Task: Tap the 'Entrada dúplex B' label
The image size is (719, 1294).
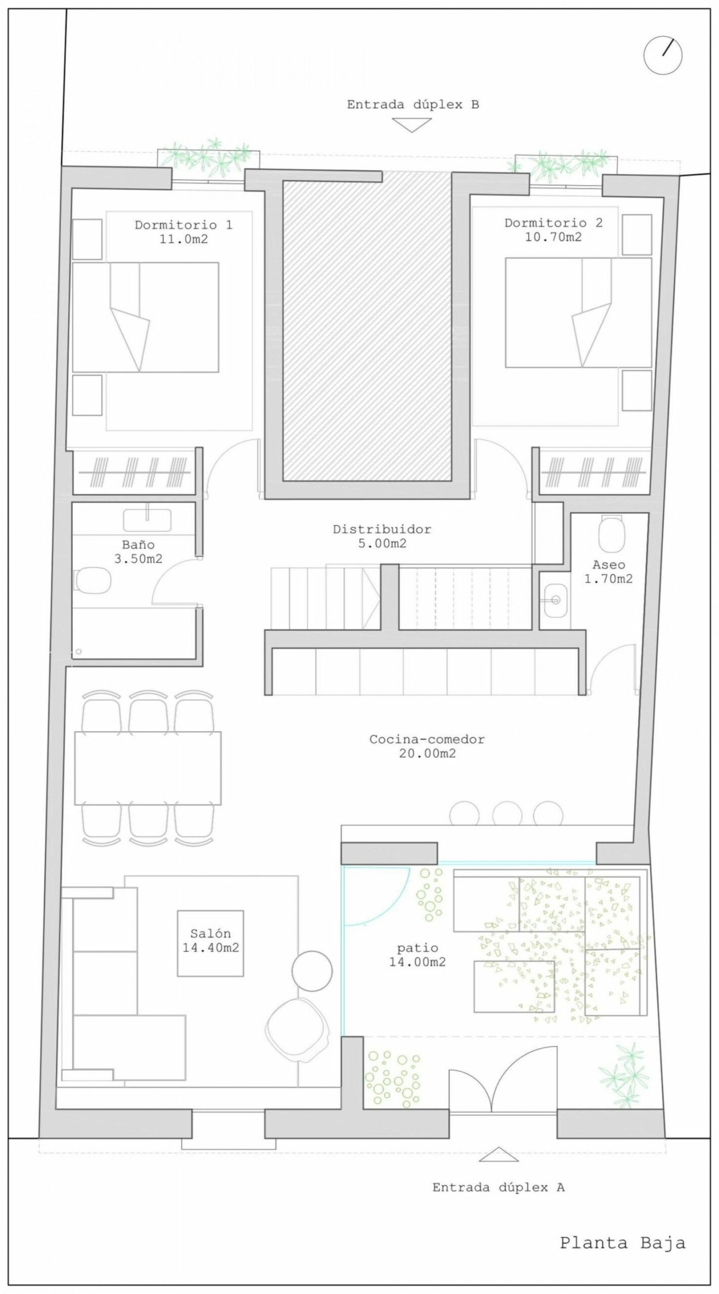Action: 413,105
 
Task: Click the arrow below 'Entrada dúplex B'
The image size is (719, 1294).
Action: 413,125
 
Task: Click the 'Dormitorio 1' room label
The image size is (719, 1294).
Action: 184,224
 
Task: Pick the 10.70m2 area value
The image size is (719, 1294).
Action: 554,237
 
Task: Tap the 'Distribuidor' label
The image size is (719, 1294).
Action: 382,529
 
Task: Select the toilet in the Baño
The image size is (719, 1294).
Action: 93,580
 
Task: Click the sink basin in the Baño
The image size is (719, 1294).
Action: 147,520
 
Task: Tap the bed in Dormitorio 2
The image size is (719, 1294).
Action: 578,312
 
